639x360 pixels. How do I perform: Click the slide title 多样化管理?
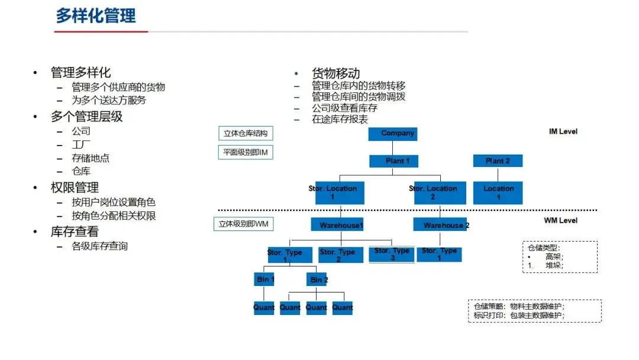[x=96, y=16]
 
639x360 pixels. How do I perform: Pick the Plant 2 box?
[x=497, y=161]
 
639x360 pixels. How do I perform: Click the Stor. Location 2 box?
[x=433, y=192]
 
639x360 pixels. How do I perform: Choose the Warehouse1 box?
[x=341, y=225]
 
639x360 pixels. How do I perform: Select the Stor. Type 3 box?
[x=392, y=253]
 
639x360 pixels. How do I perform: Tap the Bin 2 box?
[x=319, y=279]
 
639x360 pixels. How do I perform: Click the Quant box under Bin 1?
[x=264, y=308]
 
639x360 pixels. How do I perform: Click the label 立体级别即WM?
[x=243, y=224]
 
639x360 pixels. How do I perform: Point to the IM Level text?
[x=563, y=131]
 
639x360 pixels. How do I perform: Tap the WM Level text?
[x=560, y=220]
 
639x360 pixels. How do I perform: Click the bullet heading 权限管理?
[x=75, y=188]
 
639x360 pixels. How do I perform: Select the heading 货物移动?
[x=335, y=73]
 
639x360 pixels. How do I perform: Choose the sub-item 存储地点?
[x=91, y=158]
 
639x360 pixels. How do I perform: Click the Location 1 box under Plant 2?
[x=498, y=192]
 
